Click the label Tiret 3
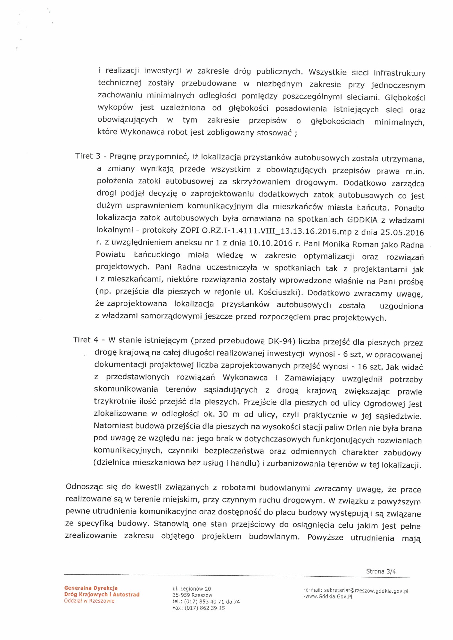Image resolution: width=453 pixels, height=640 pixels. pyautogui.click(x=88, y=156)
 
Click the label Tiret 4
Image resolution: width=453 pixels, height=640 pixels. pyautogui.click(x=86, y=340)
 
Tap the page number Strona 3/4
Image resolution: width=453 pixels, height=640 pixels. pyautogui.click(x=381, y=571)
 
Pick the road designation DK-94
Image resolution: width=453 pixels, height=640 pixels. pyautogui.click(x=282, y=341)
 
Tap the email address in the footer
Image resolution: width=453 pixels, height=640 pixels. pyautogui.click(x=366, y=591)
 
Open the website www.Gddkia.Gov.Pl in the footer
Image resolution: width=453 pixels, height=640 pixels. pyautogui.click(x=329, y=596)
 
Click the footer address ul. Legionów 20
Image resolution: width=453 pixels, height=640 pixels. pyautogui.click(x=192, y=589)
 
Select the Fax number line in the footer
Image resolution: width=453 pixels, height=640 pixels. pyautogui.click(x=199, y=608)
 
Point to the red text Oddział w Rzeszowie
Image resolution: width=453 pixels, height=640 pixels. pyautogui.click(x=89, y=601)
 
